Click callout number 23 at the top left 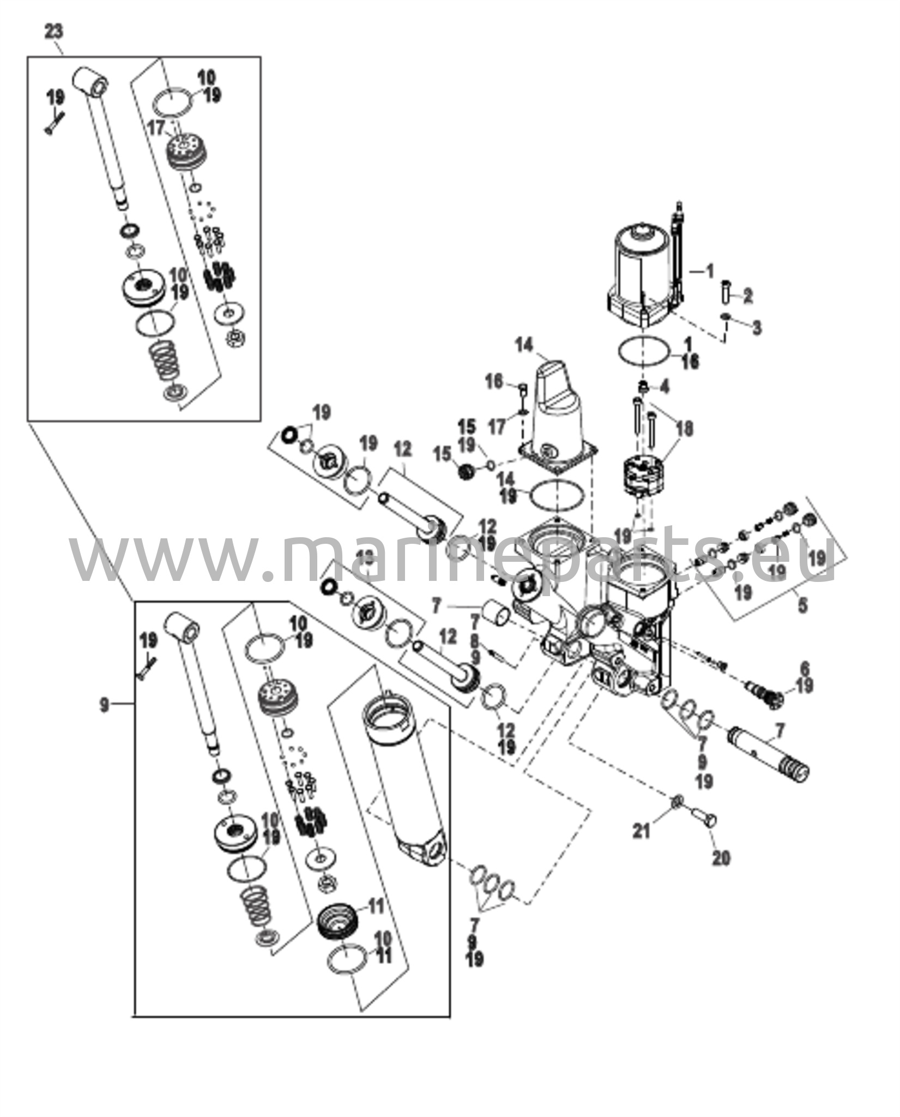click(53, 31)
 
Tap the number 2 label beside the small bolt click(747, 296)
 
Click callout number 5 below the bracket click(802, 605)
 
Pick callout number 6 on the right click(804, 668)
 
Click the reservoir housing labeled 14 click(556, 415)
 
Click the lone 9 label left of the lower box click(104, 705)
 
